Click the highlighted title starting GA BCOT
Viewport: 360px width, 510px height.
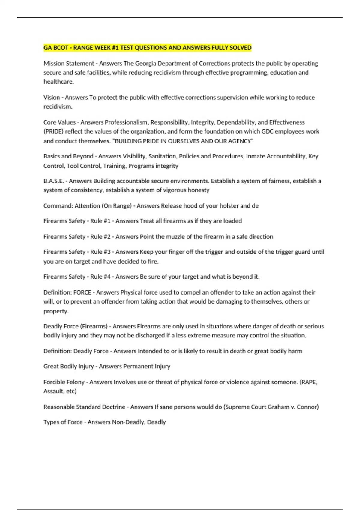point(147,48)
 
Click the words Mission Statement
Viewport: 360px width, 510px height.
point(69,64)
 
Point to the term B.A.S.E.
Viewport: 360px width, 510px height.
point(54,181)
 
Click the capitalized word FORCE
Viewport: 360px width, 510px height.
point(82,292)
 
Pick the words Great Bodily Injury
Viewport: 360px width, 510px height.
point(68,367)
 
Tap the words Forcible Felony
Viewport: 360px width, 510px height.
point(64,382)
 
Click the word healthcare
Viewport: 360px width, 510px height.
point(58,82)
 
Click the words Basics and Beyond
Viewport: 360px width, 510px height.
point(68,156)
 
